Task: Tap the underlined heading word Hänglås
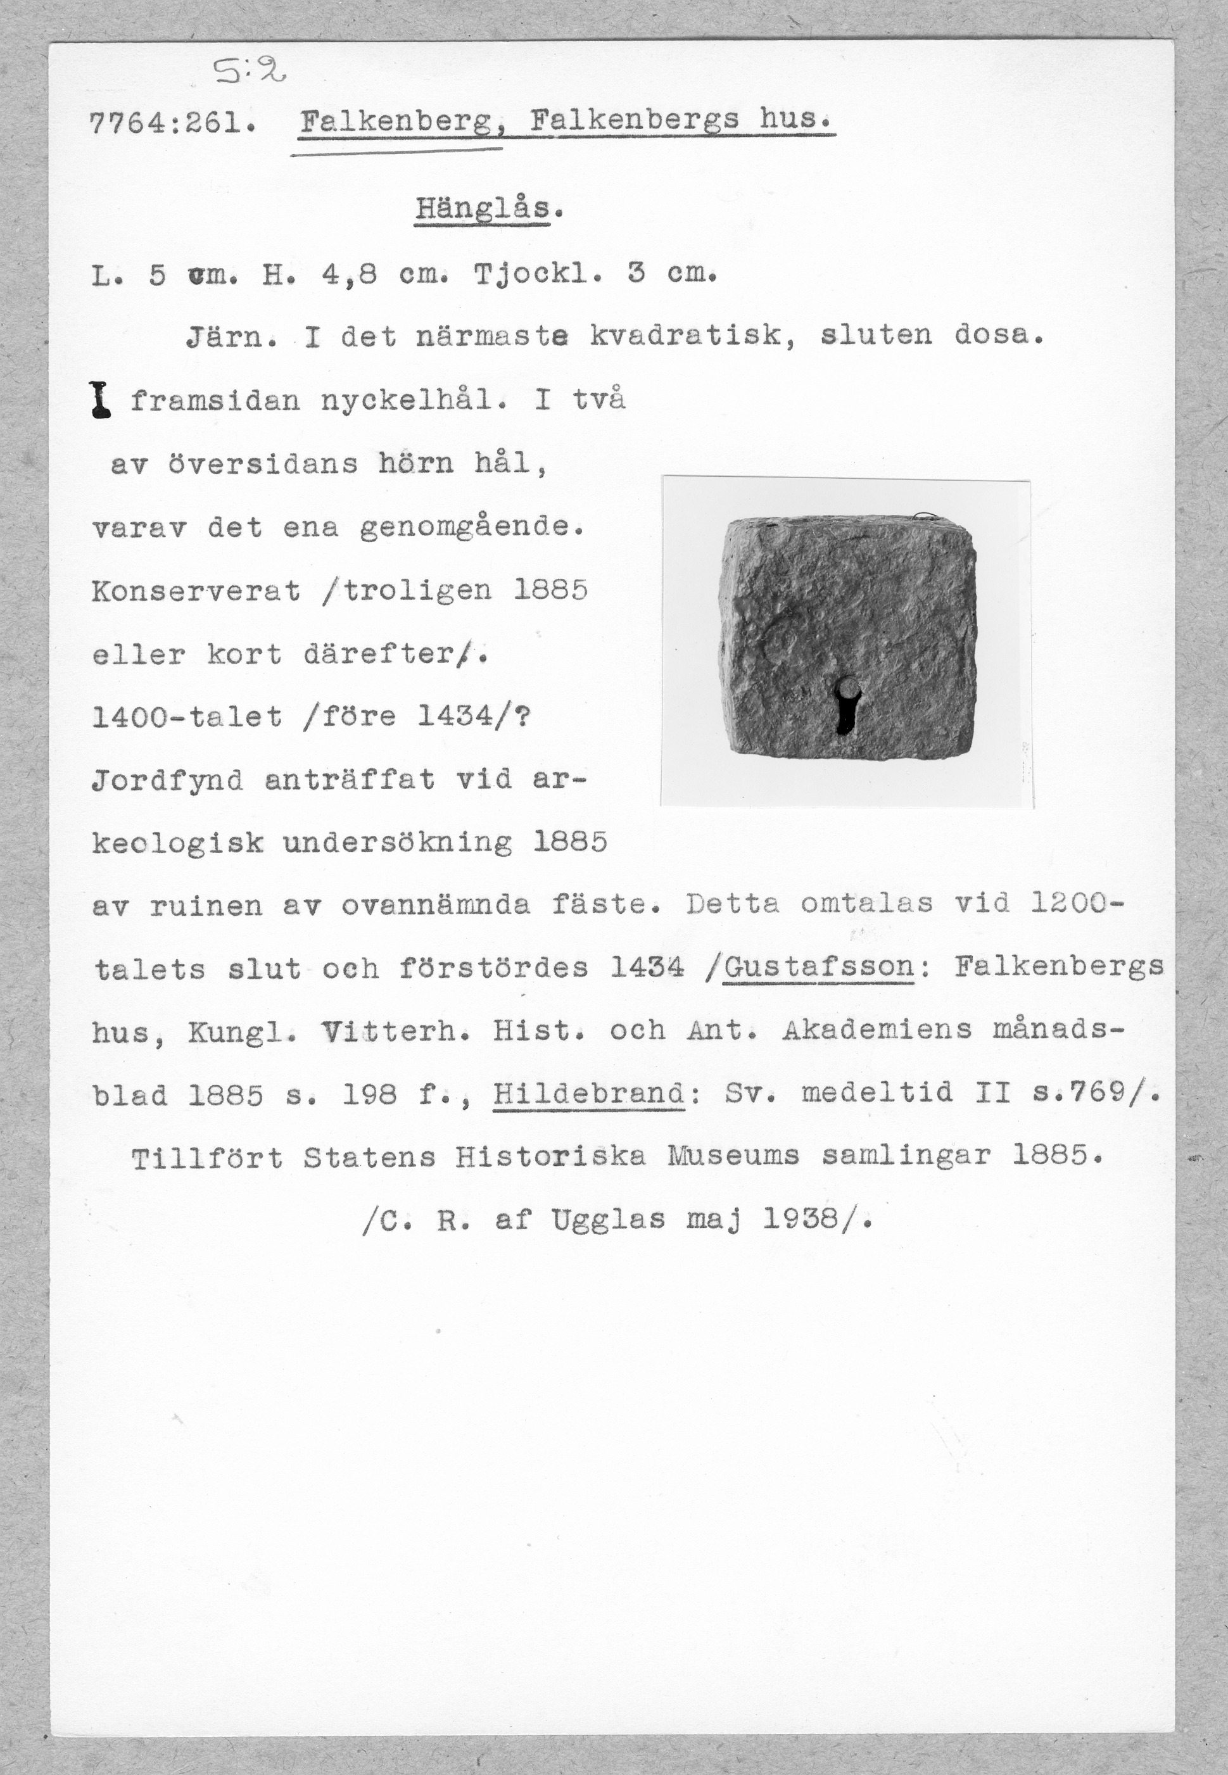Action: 483,209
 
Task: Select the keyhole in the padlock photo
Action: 845,705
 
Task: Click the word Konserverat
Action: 196,591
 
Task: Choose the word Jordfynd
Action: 167,781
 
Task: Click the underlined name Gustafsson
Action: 820,967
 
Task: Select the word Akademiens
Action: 877,1030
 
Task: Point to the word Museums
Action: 733,1156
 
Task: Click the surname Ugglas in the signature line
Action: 608,1220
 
